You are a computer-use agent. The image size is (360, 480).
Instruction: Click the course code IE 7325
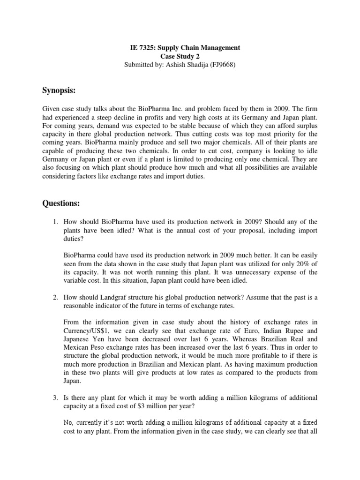coord(142,48)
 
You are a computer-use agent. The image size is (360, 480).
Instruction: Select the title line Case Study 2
coord(180,56)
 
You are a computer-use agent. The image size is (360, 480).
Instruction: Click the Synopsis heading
coord(60,90)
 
